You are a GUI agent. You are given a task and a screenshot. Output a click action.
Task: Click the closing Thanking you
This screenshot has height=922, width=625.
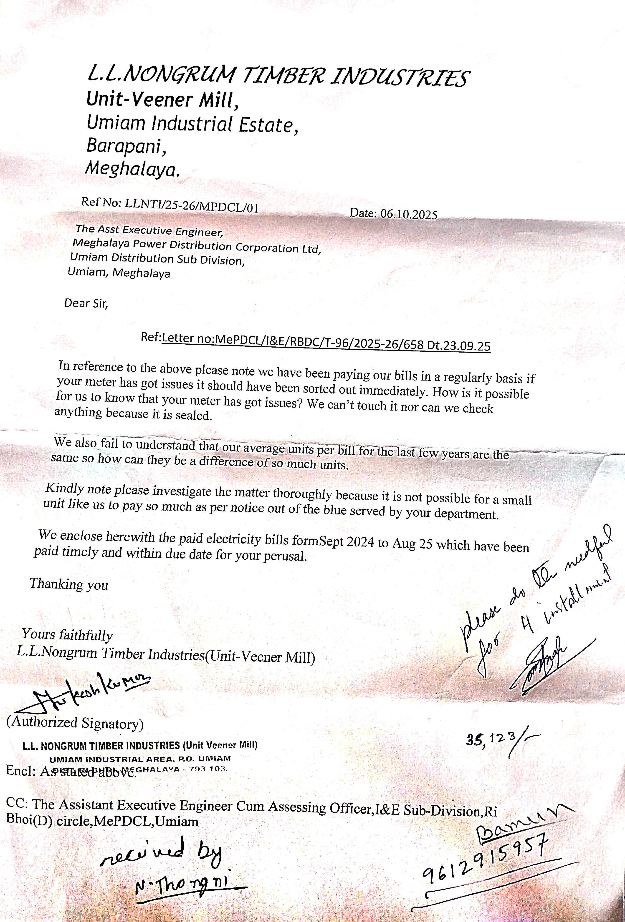69,584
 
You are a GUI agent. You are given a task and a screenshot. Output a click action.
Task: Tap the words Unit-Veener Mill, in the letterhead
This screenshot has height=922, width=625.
163,99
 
